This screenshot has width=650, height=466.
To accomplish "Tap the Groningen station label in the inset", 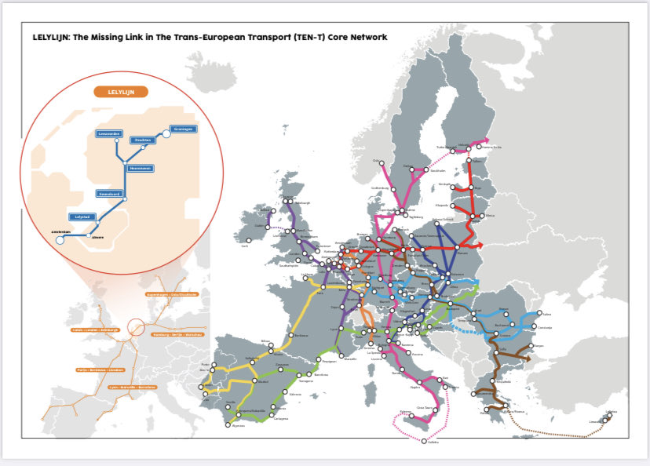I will coord(184,129).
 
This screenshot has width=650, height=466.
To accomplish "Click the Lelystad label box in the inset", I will coord(81,217).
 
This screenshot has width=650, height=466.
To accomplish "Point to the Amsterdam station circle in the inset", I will coord(60,240).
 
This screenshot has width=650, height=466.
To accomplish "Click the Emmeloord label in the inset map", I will coord(108,193).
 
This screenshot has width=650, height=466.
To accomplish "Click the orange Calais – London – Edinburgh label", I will coord(95,330).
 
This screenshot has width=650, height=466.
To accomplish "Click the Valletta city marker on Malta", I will coord(424,440).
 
